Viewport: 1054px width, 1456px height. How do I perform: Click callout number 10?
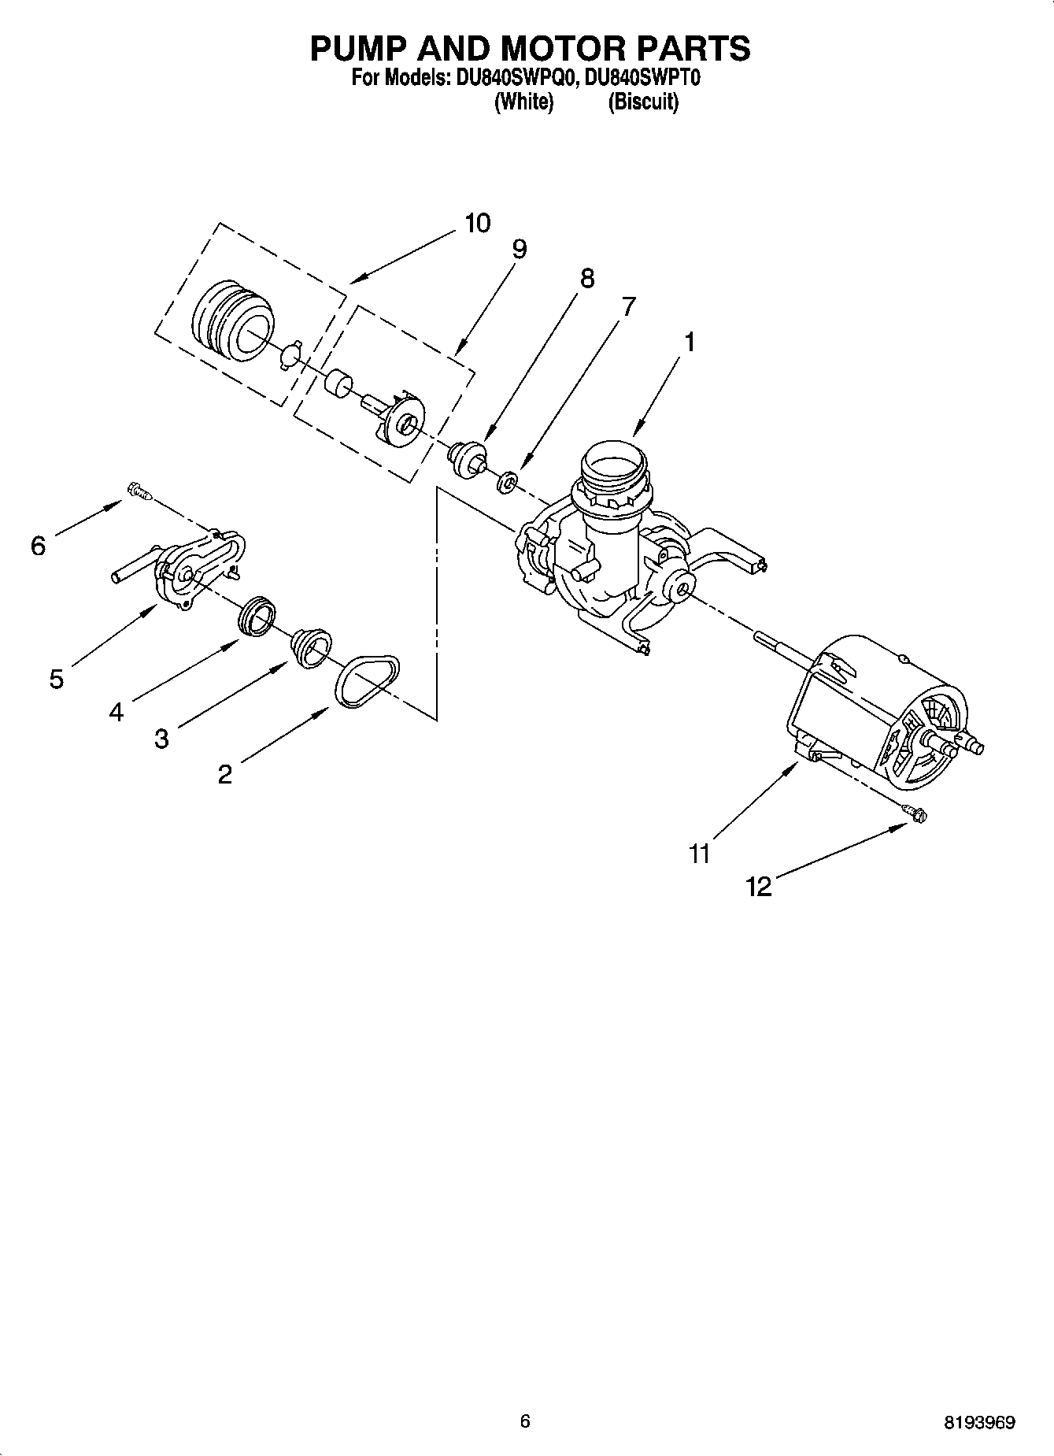tap(477, 224)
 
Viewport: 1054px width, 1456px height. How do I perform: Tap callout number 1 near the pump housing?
tap(690, 343)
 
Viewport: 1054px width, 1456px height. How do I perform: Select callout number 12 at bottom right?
tap(759, 887)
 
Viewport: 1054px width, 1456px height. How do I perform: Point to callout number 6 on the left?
tap(38, 545)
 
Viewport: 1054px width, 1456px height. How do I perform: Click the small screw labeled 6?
tap(138, 492)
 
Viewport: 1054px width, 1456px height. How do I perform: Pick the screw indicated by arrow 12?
tap(915, 813)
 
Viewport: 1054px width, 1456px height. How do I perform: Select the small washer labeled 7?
tap(507, 480)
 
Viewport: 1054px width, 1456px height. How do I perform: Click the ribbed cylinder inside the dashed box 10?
tap(233, 322)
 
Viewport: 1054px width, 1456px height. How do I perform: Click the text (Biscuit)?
tap(642, 102)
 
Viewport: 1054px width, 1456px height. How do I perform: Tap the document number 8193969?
tap(979, 1423)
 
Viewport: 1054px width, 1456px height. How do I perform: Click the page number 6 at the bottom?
tap(525, 1421)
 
